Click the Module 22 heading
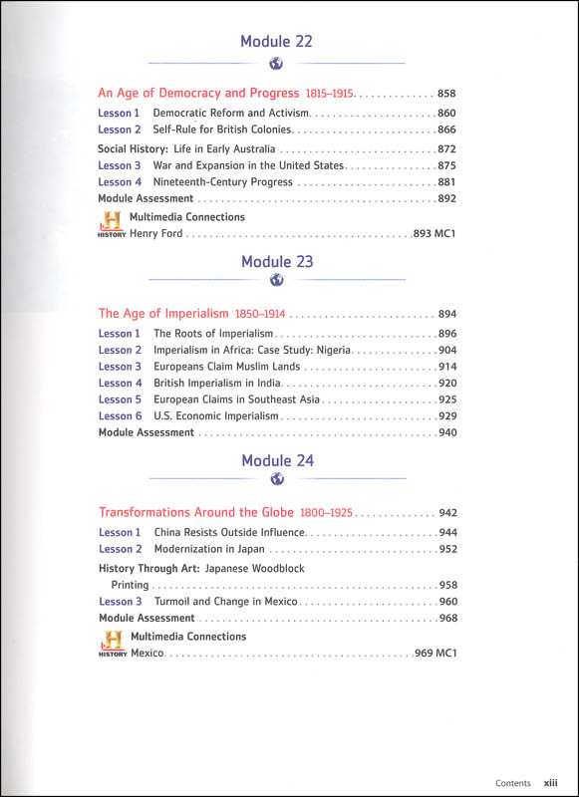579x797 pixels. pyautogui.click(x=277, y=41)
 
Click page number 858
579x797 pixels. pyautogui.click(x=447, y=94)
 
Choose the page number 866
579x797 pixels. pyautogui.click(x=447, y=130)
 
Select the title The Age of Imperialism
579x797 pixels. pyautogui.click(x=163, y=313)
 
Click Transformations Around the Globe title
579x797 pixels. pyautogui.click(x=196, y=512)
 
